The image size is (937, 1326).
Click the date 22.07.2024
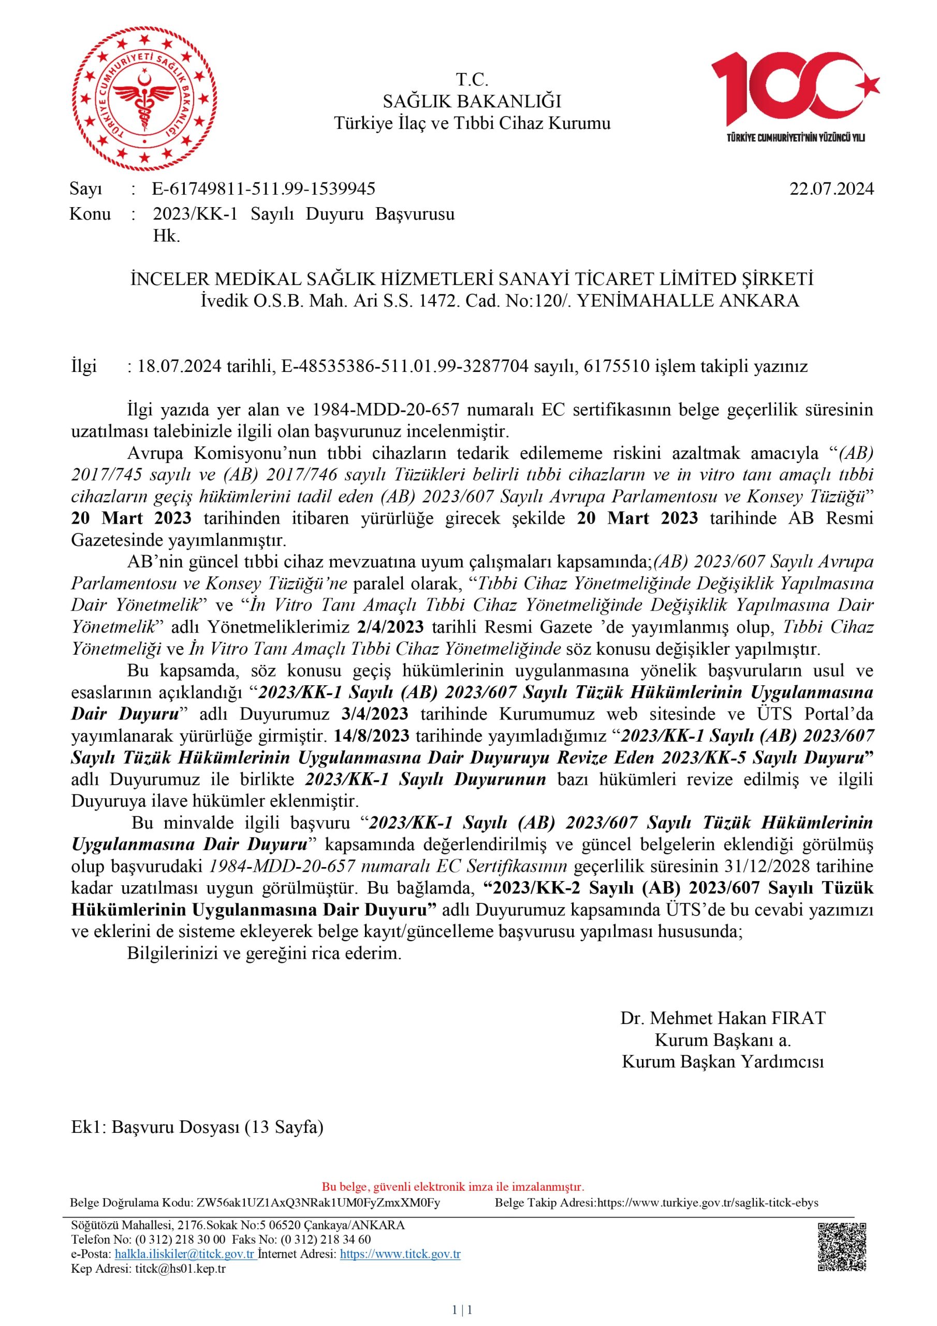pyautogui.click(x=831, y=189)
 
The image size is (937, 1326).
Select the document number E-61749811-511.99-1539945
pyautogui.click(x=264, y=189)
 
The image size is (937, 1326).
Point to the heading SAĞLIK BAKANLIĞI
pyautogui.click(x=472, y=102)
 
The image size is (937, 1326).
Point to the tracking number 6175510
pyautogui.click(x=617, y=366)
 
